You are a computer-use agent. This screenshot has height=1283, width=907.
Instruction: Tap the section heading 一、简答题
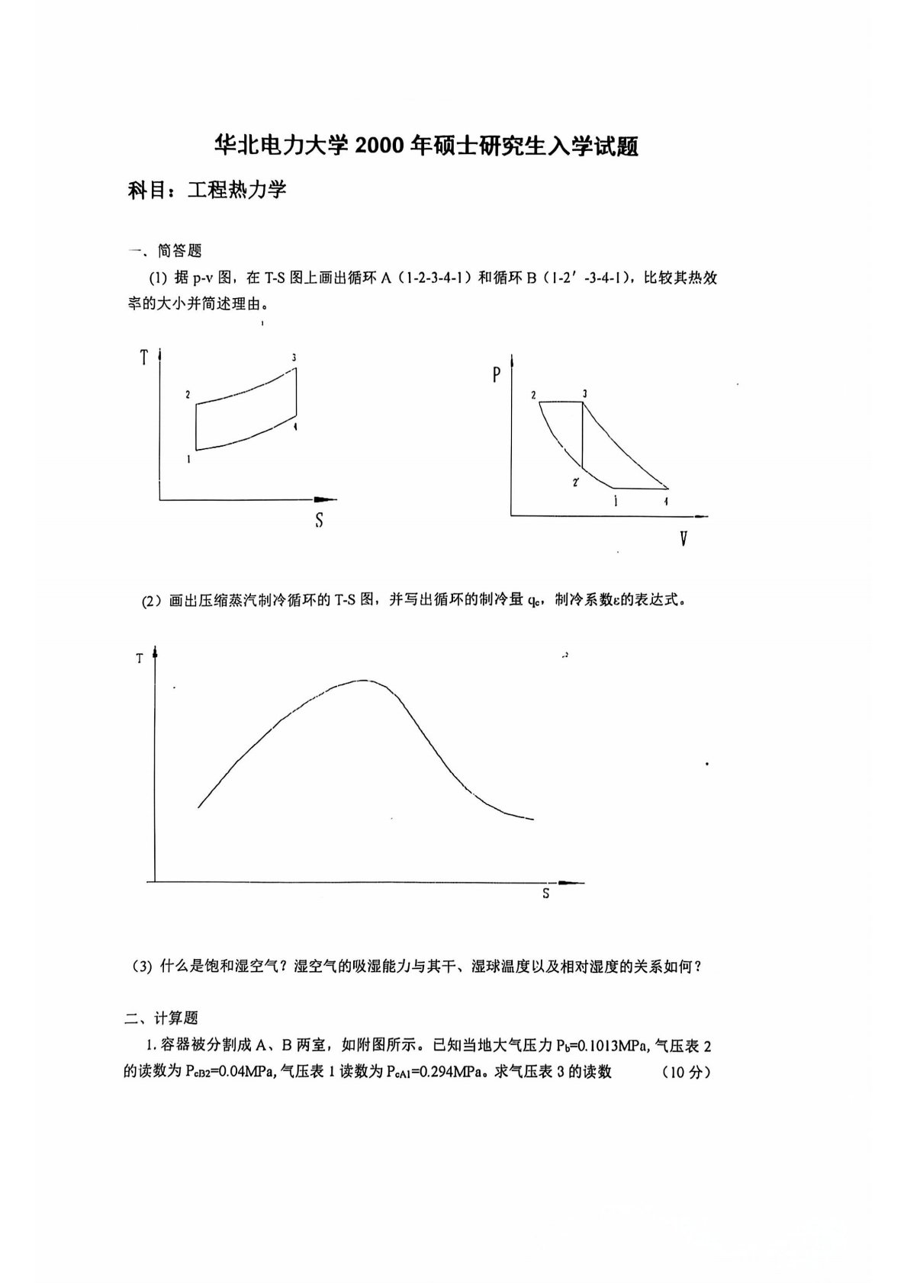165,250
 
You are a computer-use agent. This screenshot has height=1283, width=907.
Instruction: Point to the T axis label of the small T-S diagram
143,357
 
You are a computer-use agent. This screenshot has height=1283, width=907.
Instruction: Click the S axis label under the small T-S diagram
319,520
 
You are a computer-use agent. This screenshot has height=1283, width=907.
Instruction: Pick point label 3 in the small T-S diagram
294,358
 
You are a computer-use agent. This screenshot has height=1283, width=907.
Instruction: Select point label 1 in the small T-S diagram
188,459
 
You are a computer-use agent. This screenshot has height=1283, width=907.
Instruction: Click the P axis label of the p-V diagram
497,375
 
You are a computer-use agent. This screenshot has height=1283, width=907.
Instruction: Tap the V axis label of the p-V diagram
683,540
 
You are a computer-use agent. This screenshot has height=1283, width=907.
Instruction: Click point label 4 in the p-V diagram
666,501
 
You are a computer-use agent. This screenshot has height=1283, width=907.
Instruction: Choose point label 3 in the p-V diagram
584,393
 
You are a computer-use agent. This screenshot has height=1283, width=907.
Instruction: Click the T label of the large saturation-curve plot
139,658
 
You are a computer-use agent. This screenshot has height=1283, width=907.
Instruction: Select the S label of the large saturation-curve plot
545,893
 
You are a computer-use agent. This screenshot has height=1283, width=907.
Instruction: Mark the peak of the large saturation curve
362,680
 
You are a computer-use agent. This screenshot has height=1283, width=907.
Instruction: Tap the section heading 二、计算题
162,1018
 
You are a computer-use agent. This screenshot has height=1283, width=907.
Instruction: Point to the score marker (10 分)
686,1072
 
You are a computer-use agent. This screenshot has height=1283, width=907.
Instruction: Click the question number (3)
143,967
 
